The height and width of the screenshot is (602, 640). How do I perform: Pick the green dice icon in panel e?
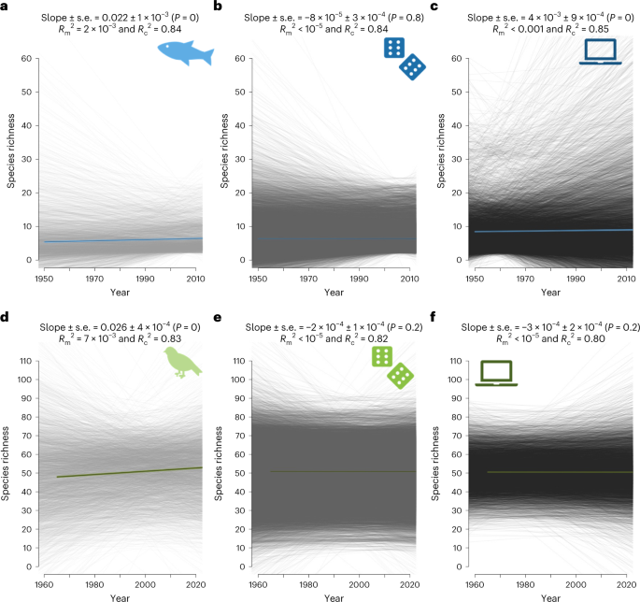[392, 365]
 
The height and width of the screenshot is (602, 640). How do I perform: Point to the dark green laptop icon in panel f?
[497, 372]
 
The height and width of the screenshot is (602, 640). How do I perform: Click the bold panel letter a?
[7, 7]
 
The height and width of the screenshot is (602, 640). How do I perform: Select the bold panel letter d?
[7, 316]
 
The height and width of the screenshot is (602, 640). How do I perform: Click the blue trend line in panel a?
[121, 240]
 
